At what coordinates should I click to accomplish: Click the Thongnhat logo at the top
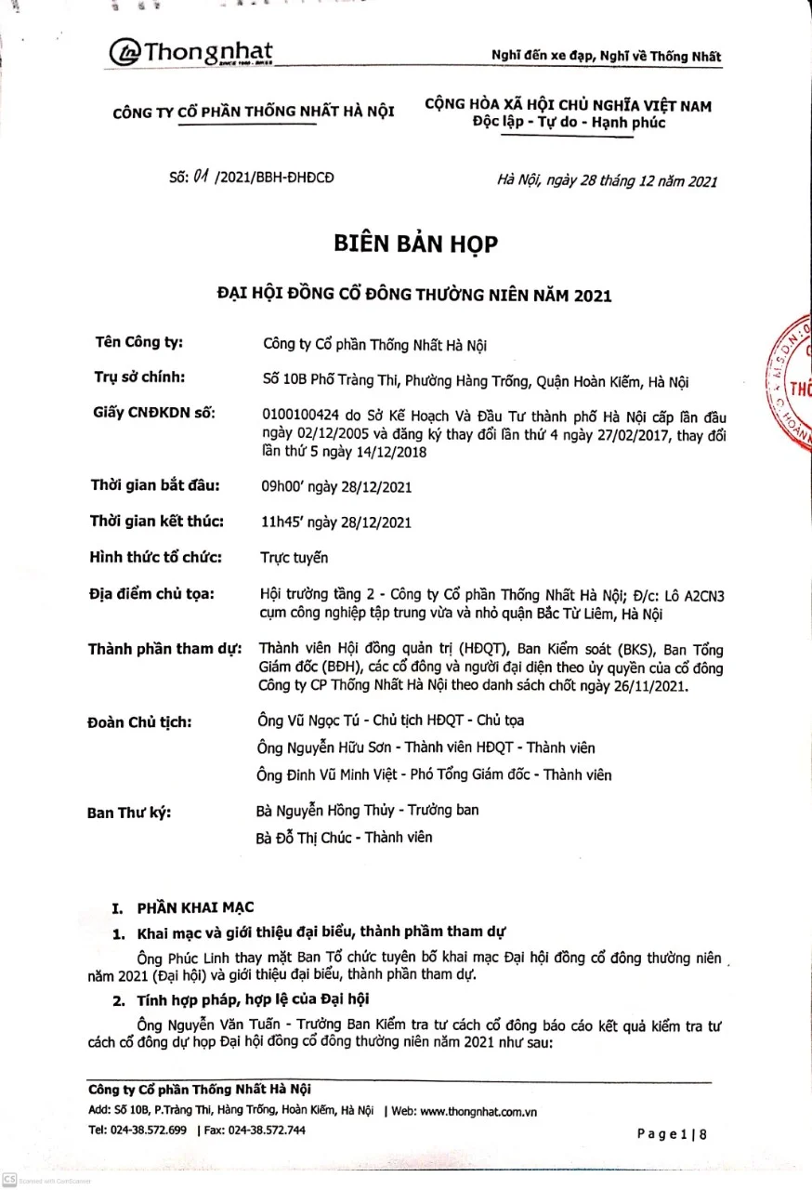point(191,52)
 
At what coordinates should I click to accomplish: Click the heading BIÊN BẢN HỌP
point(415,244)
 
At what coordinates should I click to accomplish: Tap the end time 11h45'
point(282,522)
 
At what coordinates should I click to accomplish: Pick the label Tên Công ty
point(139,342)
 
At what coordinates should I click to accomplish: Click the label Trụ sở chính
point(140,377)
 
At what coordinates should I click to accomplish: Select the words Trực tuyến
point(295,558)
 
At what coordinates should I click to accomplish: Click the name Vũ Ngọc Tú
point(324,721)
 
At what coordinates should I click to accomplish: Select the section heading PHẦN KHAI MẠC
point(195,907)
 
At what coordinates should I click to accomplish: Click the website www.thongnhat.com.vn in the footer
point(478,1111)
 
